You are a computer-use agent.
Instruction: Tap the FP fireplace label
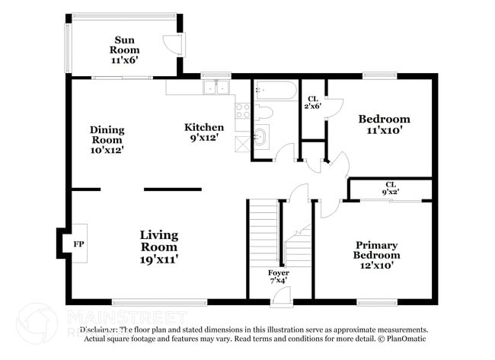(78, 244)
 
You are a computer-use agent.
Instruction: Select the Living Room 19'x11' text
(158, 247)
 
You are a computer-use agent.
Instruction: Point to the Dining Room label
(107, 140)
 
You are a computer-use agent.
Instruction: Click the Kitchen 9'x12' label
(204, 132)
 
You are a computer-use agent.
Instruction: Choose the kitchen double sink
(216, 87)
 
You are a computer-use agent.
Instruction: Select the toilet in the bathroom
(263, 113)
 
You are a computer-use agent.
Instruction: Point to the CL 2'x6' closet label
(313, 102)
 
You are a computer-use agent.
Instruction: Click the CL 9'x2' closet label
(391, 189)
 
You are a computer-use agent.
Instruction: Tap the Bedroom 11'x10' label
(384, 124)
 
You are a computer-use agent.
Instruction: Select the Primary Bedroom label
(377, 250)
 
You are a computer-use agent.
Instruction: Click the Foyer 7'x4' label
(279, 276)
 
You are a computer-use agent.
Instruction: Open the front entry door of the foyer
(281, 298)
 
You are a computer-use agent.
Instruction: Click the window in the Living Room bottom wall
(159, 302)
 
